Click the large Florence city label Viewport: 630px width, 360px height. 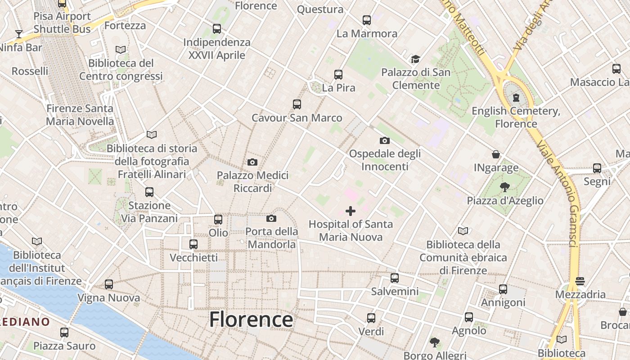coord(251,319)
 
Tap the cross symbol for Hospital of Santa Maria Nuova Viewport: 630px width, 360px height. coord(351,211)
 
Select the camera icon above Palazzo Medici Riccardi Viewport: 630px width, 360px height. coord(252,162)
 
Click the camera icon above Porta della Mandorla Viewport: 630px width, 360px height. coord(271,219)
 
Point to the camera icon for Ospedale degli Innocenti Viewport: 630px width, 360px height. coord(385,140)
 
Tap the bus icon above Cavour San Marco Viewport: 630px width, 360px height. coord(297,104)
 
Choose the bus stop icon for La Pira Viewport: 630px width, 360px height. coord(338,75)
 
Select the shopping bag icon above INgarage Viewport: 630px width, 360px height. coord(496,155)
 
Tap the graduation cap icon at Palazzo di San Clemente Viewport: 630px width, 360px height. coord(415,59)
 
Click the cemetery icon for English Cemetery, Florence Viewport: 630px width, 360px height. coord(516,98)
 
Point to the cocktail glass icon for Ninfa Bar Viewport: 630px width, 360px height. coord(18,34)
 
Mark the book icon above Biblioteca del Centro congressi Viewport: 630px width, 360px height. coord(121,50)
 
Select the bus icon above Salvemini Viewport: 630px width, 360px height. coord(395,278)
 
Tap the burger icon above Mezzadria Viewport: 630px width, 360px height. coord(580,282)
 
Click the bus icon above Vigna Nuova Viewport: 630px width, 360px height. coord(109,284)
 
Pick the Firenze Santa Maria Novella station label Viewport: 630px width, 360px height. coord(80,115)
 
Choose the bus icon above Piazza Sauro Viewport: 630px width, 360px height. coord(64,333)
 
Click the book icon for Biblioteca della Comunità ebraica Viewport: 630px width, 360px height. coord(463,231)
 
